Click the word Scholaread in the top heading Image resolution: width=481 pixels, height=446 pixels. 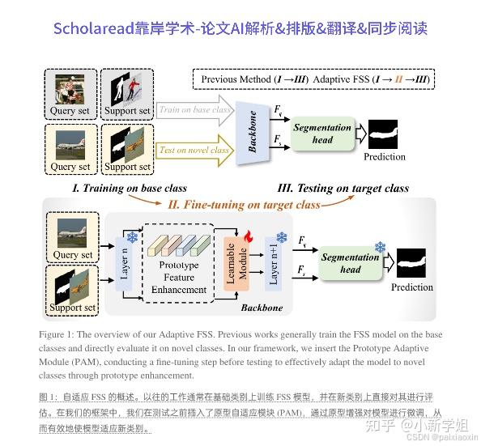point(94,28)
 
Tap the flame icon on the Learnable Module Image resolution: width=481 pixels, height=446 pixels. point(249,236)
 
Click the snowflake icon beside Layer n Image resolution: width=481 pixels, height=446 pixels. point(132,237)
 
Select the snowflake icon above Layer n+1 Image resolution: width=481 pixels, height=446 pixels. point(282,237)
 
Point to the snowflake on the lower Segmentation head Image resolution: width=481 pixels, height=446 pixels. point(380,247)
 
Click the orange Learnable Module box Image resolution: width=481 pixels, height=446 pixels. point(236,264)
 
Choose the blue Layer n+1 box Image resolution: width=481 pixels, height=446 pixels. point(274,264)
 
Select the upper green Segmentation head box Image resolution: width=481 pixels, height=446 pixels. point(322,134)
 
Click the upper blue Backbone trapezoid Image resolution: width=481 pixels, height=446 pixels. point(252,132)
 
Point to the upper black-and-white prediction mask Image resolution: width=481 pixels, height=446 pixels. point(383,134)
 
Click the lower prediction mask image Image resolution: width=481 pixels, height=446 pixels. point(411,263)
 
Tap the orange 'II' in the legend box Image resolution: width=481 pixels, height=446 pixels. point(398,79)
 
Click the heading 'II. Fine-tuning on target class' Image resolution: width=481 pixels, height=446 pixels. point(244,205)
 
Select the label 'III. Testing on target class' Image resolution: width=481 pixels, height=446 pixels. point(343,188)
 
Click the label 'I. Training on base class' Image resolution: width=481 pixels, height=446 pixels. point(130,188)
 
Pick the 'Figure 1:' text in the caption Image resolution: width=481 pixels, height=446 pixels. point(57,334)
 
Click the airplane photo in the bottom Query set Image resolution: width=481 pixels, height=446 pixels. point(72,233)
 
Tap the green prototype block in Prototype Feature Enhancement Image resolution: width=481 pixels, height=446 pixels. point(200,246)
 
